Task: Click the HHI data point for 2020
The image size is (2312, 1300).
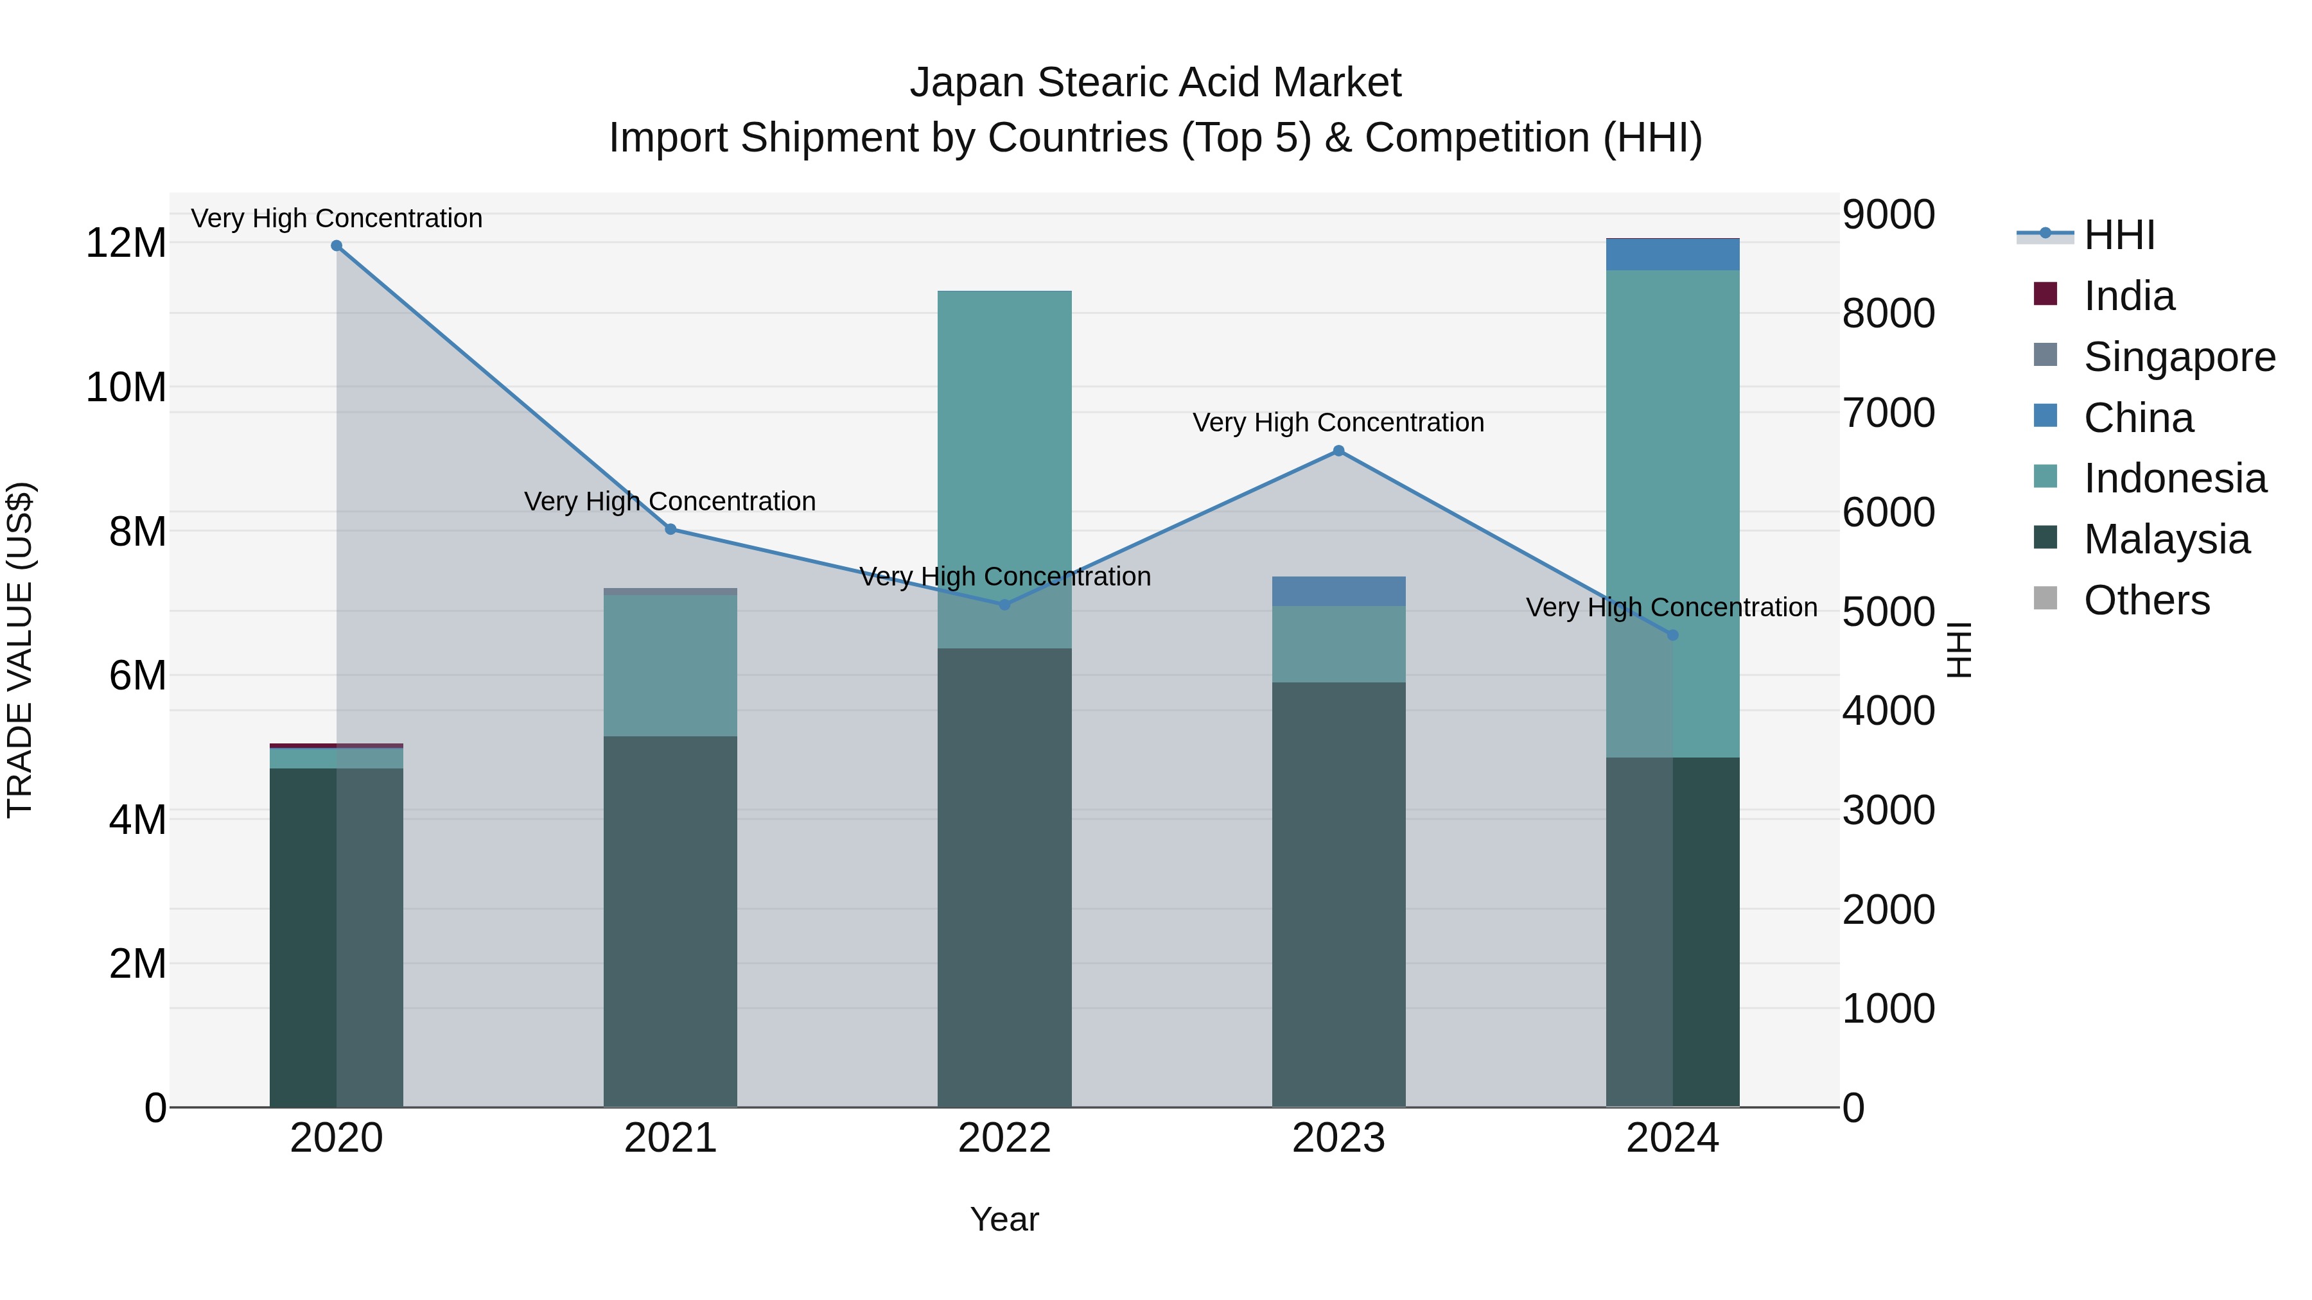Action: pyautogui.click(x=337, y=246)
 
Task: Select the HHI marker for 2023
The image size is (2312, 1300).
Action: pyautogui.click(x=1338, y=451)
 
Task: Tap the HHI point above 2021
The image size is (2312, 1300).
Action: pyautogui.click(x=670, y=530)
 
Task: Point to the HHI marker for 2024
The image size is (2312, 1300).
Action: pyautogui.click(x=1672, y=635)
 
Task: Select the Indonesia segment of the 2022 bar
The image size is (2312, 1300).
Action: pyautogui.click(x=1004, y=449)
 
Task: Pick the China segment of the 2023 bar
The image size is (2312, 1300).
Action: pyautogui.click(x=1338, y=591)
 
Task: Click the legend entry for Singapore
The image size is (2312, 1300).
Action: pyautogui.click(x=2179, y=357)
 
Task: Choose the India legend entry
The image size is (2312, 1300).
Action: pyautogui.click(x=2129, y=296)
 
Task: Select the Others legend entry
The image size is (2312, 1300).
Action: pyautogui.click(x=2146, y=600)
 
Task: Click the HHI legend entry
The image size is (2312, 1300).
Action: pyautogui.click(x=2118, y=235)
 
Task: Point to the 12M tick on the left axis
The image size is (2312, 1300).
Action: pyautogui.click(x=126, y=243)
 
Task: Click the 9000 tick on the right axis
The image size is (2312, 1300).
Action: pyautogui.click(x=1888, y=215)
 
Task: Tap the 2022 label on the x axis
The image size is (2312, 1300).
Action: pyautogui.click(x=1004, y=1138)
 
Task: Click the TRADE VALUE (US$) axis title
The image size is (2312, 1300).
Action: pyautogui.click(x=20, y=650)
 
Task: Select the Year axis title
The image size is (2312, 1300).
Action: pyautogui.click(x=1004, y=1219)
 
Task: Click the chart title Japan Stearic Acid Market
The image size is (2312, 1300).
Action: pyautogui.click(x=1155, y=83)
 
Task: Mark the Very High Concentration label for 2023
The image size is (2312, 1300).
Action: pyautogui.click(x=1338, y=422)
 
